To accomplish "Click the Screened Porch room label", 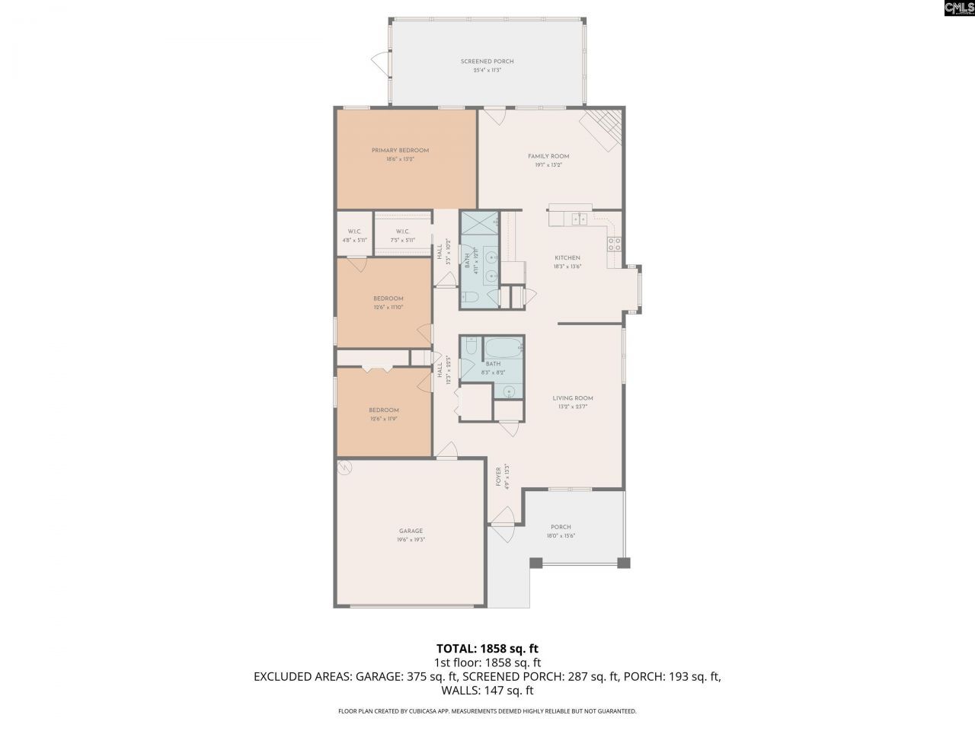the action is click(x=487, y=62).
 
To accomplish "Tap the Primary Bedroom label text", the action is click(x=400, y=151).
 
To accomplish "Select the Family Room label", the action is click(x=548, y=156).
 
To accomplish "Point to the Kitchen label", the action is click(x=567, y=258).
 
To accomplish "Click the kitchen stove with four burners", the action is click(x=614, y=244).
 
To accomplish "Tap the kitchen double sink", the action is click(x=578, y=219).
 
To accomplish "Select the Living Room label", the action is click(x=573, y=398).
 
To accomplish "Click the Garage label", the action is click(x=411, y=531).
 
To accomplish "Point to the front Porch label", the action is click(x=561, y=527).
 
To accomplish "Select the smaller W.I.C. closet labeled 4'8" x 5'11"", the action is click(x=354, y=235).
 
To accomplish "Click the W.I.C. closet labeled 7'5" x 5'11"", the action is click(x=403, y=235).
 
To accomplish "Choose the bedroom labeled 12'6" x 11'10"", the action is click(x=388, y=302).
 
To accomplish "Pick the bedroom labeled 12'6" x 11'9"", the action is click(x=384, y=413).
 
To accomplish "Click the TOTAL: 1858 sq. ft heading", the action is click(x=487, y=649).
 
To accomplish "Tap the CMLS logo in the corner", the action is click(x=958, y=8).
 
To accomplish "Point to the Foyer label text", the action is click(x=499, y=477).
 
